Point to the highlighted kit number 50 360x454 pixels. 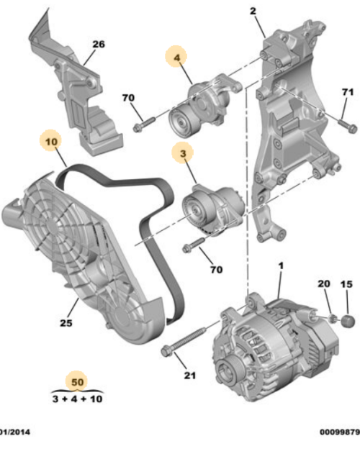coord(75,381)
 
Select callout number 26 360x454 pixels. coord(98,45)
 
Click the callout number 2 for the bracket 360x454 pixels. coord(253,12)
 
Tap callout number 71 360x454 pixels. coord(348,92)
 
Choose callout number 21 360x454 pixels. coord(189,375)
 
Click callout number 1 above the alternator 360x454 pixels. coord(281,266)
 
